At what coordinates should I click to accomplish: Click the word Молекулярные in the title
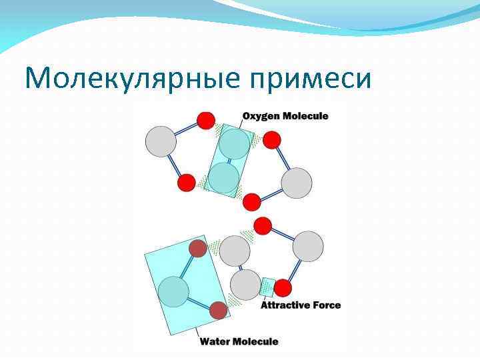pos(130,79)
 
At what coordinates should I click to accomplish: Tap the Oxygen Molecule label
pos(285,116)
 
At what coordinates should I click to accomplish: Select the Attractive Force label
pos(300,305)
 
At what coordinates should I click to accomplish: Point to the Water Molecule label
pos(239,341)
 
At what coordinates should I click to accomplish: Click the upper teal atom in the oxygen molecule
pos(234,144)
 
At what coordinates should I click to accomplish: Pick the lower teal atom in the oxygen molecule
pos(223,177)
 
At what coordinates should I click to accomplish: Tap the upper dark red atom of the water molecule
pos(198,249)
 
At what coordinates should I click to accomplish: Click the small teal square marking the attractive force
pos(267,287)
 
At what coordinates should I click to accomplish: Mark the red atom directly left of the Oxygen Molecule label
pos(206,121)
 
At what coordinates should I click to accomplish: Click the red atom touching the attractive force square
pos(283,288)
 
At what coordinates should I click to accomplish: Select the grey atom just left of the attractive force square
pos(245,285)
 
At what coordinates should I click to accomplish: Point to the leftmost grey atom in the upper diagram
pos(161,141)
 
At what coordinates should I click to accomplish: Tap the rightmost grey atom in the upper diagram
pos(297,183)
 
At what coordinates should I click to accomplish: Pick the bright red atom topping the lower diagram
pos(263,225)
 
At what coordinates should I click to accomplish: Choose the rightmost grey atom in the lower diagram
pos(308,247)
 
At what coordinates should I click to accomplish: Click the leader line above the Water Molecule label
pos(197,331)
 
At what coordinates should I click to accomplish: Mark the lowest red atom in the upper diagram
pos(251,201)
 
